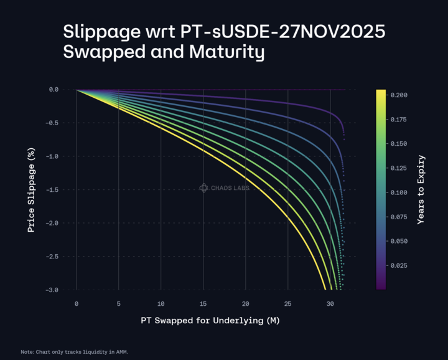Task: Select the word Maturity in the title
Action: tap(221, 52)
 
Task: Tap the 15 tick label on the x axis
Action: tap(203, 303)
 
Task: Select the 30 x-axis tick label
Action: tap(330, 303)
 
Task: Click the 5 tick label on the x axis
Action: tap(118, 303)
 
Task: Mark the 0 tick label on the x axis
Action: tap(76, 303)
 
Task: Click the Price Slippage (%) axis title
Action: tap(30, 189)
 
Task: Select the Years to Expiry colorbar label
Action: tap(421, 189)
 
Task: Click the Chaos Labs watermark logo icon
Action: tap(203, 187)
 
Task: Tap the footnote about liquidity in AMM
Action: tap(74, 352)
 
